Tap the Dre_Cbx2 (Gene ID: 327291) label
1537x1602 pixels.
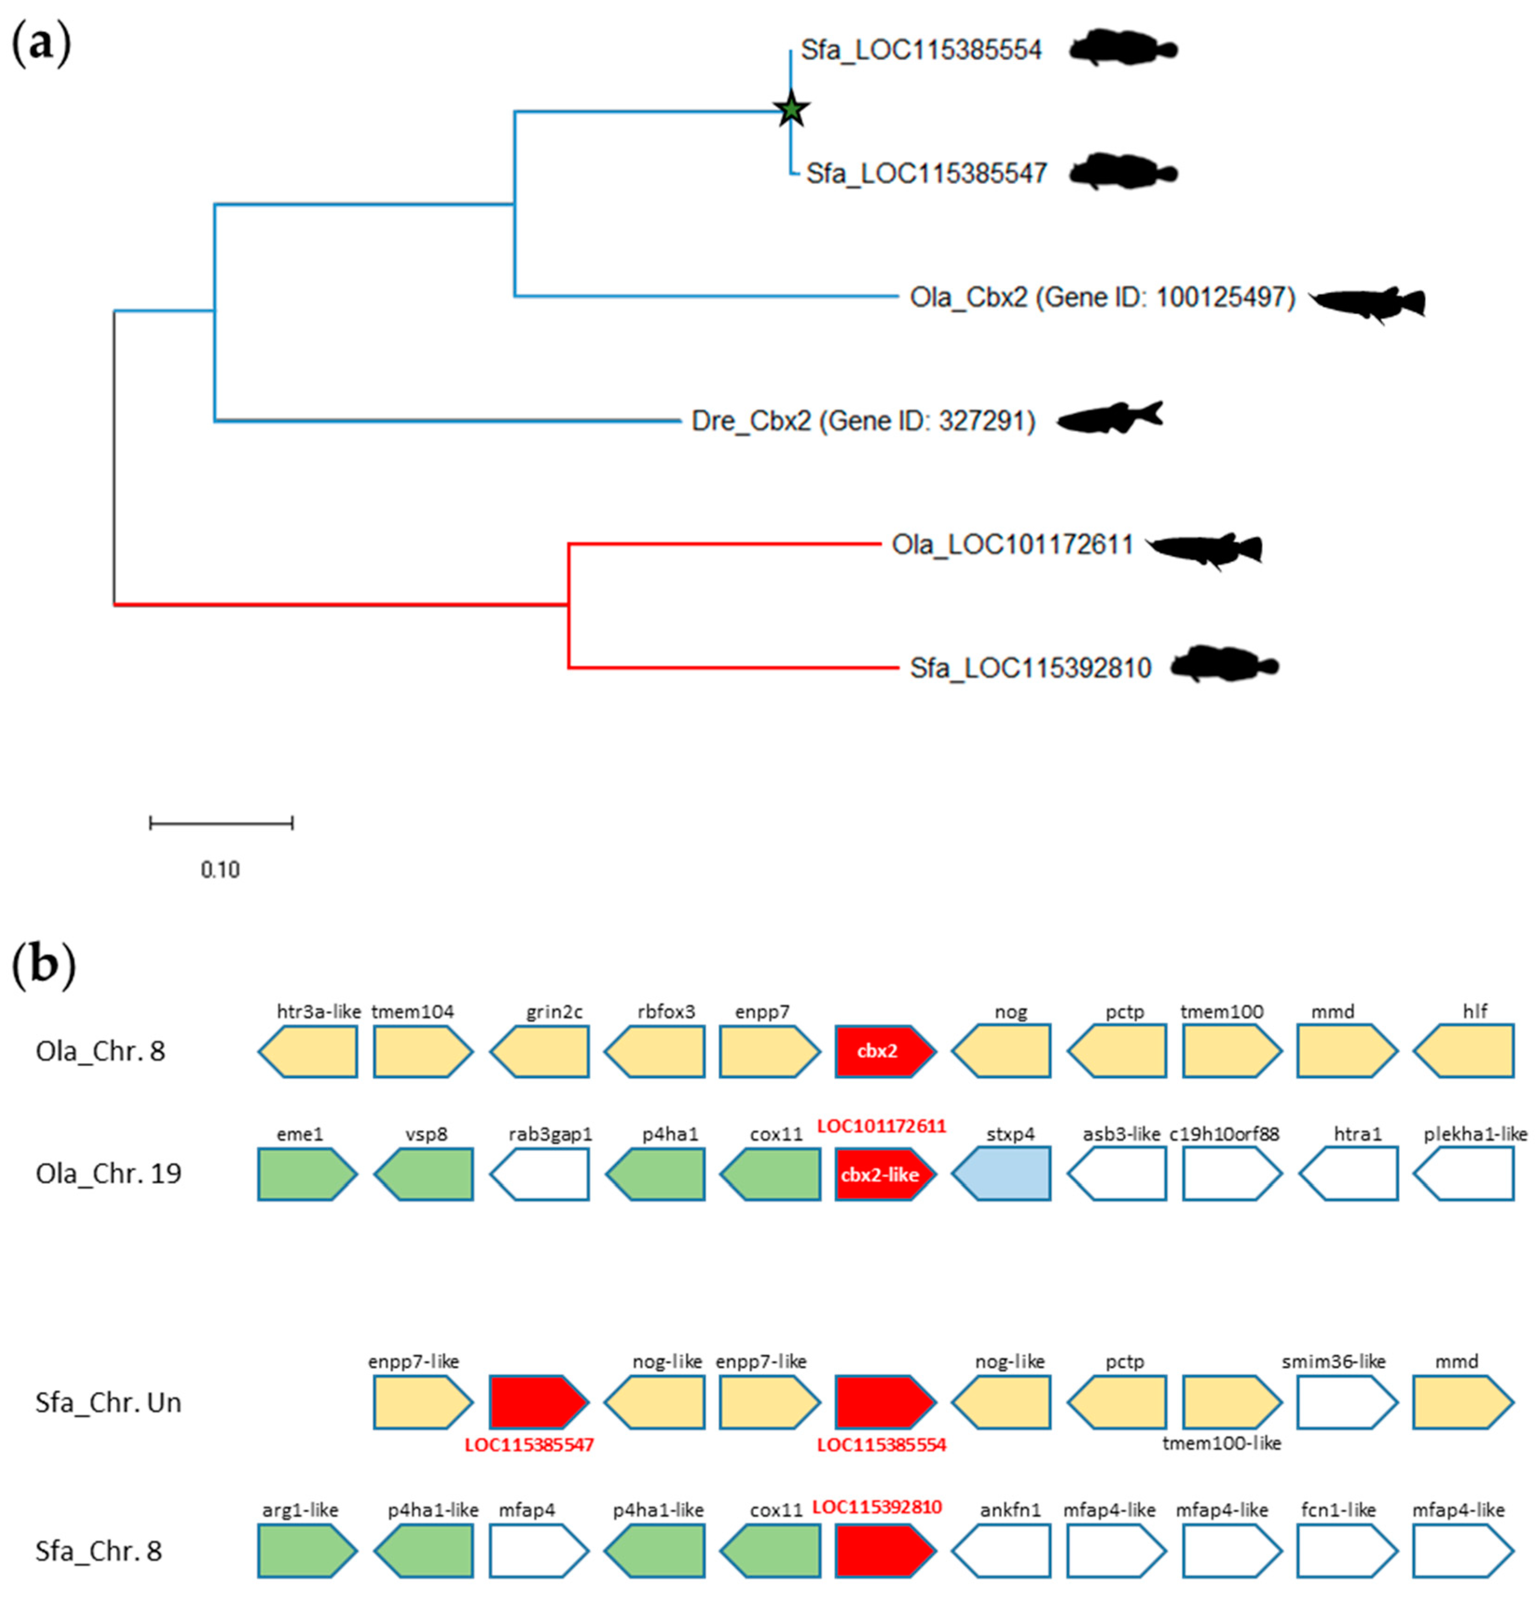[x=863, y=421]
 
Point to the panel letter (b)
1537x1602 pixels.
[x=44, y=964]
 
